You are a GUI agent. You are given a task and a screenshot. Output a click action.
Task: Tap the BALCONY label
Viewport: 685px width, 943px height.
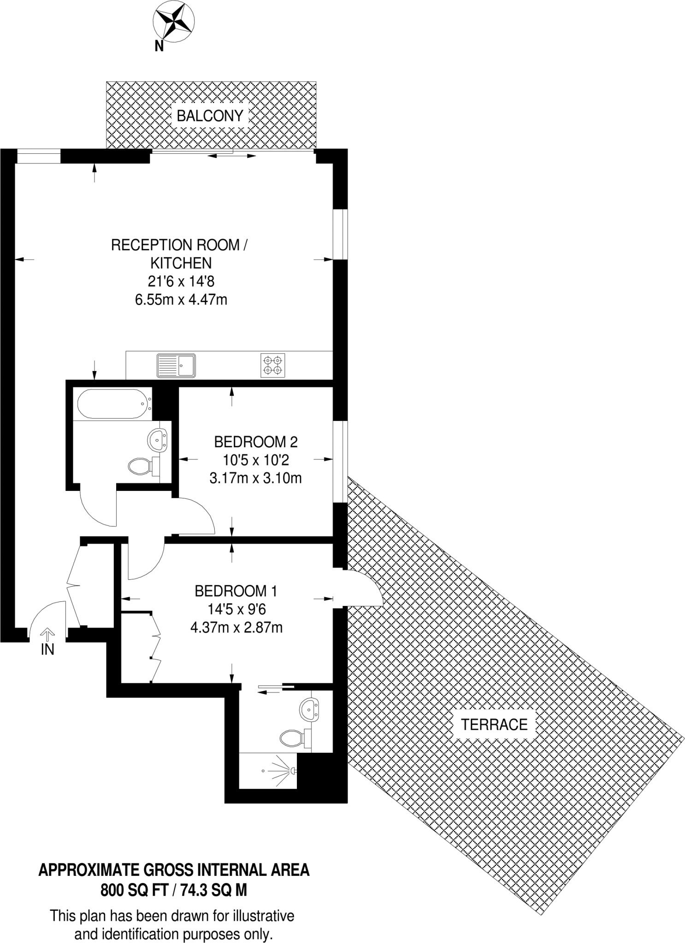[x=210, y=116]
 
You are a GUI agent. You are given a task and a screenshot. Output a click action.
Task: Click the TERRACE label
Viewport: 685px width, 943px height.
[x=494, y=724]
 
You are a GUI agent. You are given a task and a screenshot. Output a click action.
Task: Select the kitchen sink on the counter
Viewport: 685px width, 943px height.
[x=176, y=365]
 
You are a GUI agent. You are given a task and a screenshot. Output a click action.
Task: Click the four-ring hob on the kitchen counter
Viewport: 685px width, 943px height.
[x=272, y=365]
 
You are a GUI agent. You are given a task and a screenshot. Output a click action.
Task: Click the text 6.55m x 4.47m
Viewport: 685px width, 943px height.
[x=181, y=300]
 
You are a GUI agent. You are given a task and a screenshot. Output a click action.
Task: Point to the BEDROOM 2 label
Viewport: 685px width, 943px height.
[x=256, y=442]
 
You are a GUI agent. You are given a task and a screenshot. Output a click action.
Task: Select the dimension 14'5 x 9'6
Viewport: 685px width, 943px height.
[x=236, y=609]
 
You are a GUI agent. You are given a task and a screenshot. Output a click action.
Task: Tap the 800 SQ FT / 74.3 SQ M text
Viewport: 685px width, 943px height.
[x=174, y=891]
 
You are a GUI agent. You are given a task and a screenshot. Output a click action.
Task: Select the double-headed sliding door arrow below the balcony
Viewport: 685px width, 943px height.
[x=231, y=157]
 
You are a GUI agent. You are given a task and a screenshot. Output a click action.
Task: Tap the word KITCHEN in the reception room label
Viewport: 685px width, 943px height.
[x=181, y=263]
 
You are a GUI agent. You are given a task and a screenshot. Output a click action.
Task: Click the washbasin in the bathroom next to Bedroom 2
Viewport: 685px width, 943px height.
[x=157, y=439]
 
